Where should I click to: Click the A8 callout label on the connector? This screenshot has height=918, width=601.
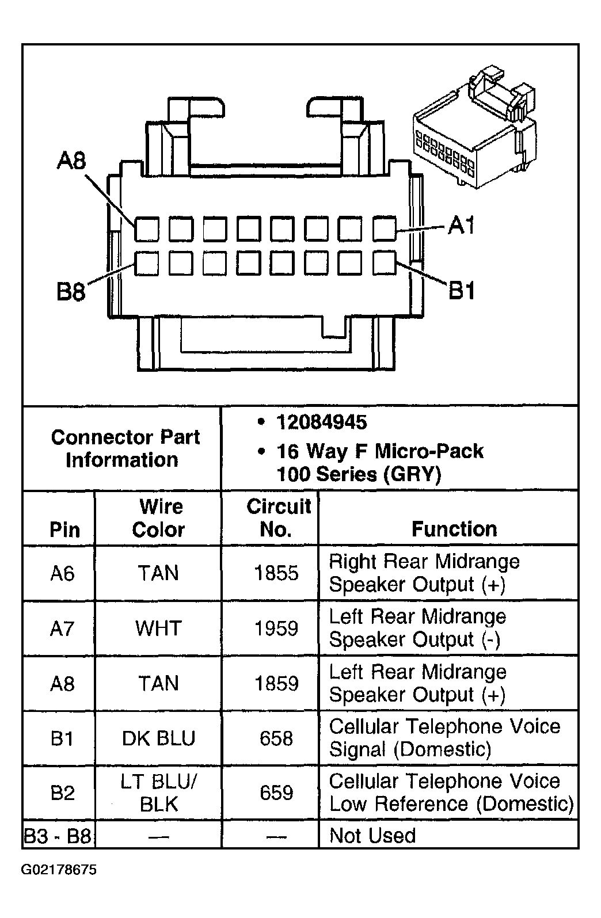point(71,160)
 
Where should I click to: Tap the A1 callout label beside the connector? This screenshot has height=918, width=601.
point(461,225)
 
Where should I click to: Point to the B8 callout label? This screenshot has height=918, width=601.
point(71,292)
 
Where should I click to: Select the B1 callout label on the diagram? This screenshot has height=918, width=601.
point(462,291)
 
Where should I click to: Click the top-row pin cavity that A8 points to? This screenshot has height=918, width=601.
point(147,228)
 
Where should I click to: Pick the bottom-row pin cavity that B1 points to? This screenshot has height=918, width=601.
point(384,263)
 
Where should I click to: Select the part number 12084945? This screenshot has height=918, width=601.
point(322,422)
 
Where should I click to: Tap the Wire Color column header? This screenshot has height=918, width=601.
point(159,518)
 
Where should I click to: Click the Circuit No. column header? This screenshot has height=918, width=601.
point(279,518)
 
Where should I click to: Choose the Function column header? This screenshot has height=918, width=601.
point(454,529)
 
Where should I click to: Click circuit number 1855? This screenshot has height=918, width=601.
point(276,573)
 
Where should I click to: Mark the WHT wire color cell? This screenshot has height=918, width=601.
point(159,628)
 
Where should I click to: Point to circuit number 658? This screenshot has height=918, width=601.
point(276,738)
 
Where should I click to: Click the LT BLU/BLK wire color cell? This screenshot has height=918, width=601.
point(159,793)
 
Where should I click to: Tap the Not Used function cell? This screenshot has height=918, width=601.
point(372,836)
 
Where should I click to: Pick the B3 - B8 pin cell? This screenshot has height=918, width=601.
point(58,836)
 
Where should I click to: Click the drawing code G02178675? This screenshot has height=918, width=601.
point(59,870)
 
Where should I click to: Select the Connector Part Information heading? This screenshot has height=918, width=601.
point(125,448)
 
